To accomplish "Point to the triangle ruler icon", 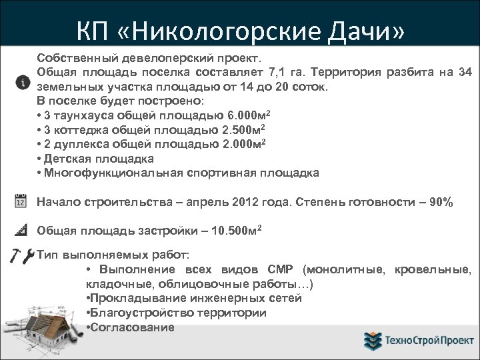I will tap(20, 231).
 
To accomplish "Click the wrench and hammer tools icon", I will tap(19, 255).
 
